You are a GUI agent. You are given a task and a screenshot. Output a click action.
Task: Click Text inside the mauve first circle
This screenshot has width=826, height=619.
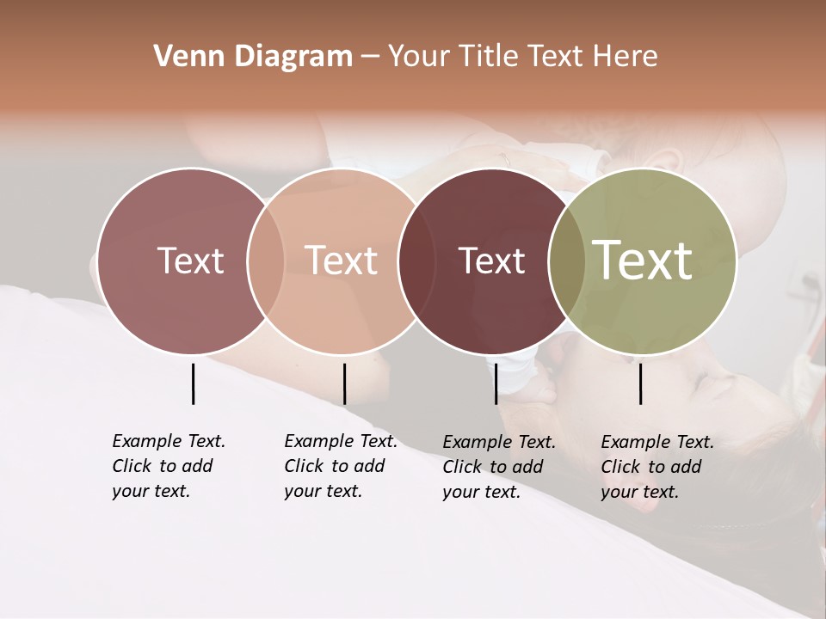190,260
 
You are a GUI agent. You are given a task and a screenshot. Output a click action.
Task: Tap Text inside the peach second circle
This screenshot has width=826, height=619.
342,260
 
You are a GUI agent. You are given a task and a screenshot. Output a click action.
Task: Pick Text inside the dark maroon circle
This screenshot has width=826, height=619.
491,260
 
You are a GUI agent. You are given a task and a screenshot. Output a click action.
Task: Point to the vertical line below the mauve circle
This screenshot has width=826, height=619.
193,383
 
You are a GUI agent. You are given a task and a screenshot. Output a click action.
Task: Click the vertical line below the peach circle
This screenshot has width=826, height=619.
344,383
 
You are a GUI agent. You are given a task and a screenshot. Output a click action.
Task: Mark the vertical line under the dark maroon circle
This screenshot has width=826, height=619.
496,383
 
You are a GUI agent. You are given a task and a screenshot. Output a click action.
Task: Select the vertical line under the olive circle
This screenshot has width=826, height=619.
640,383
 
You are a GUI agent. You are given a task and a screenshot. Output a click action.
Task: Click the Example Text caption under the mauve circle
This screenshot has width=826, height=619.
168,465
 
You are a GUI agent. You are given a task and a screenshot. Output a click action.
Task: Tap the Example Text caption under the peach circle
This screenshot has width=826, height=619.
340,465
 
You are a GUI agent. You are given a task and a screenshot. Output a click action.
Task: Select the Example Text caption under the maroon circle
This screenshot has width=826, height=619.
498,466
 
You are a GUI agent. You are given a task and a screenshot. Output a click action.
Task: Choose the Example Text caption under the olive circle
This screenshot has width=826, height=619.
656,466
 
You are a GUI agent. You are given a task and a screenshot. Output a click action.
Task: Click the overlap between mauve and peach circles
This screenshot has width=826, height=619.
266,260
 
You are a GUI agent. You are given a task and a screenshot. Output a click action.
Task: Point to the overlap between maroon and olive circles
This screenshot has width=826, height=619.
567,260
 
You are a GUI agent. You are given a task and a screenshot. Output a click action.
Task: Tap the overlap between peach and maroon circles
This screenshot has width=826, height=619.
416,260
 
